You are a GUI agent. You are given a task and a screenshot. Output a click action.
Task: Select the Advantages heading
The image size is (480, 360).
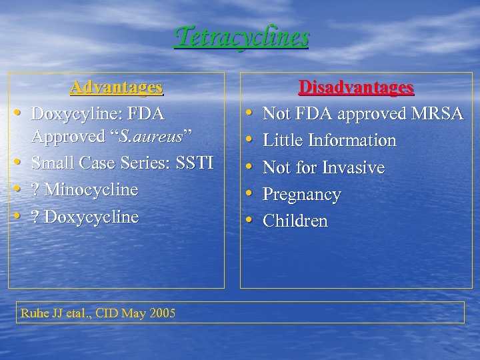pos(117,87)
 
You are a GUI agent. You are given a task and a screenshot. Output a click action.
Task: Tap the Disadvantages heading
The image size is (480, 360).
pos(356,87)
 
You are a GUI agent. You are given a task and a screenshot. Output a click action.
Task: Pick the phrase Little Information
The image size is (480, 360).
pos(329,141)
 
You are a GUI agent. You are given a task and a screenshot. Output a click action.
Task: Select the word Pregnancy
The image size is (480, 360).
pos(301,195)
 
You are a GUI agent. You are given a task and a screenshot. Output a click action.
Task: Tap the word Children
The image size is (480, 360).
pos(295,221)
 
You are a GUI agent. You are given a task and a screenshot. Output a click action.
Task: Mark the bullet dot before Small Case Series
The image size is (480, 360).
pos(19,163)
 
